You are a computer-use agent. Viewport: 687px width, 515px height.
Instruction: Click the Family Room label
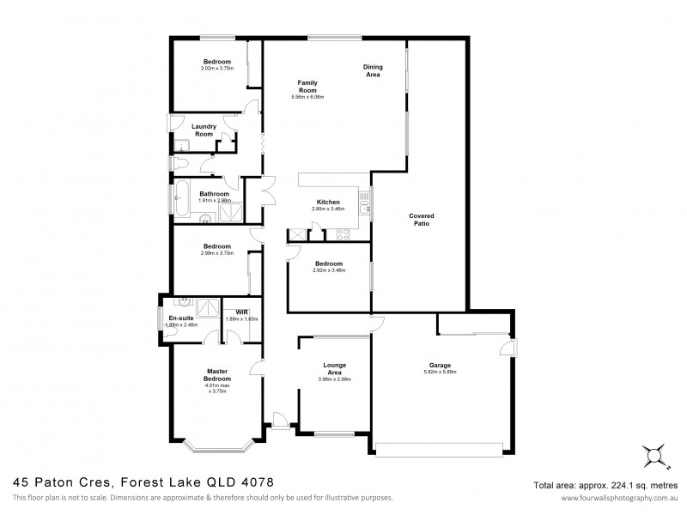click(307, 86)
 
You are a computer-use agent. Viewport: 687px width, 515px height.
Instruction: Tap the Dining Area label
click(373, 70)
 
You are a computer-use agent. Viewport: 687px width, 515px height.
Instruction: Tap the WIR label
click(229, 312)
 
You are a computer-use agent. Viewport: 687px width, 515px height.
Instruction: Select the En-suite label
click(180, 318)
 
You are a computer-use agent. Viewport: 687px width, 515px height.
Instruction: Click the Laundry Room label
click(204, 130)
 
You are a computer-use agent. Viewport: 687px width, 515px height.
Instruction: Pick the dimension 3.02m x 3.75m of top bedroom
click(216, 69)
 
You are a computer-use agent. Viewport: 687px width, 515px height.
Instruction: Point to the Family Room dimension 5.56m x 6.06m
click(307, 97)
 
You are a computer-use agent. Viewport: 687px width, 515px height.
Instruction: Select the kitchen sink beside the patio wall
click(365, 206)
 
